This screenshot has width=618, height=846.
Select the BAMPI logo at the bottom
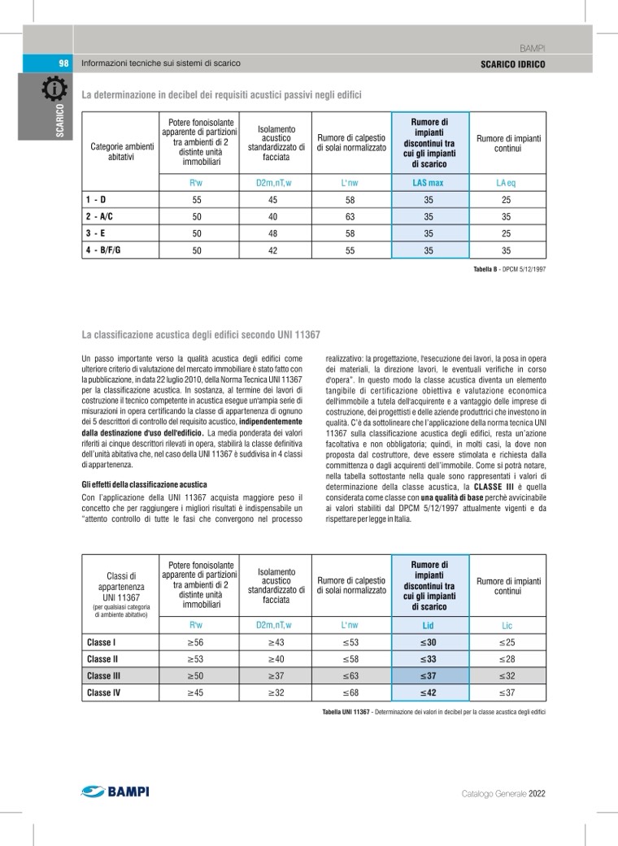[x=115, y=791]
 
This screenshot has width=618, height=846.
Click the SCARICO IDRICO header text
[x=512, y=63]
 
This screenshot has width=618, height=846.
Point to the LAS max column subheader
[x=429, y=183]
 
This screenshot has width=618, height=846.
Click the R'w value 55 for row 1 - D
[x=196, y=200]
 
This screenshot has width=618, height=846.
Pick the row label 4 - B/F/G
[x=104, y=250]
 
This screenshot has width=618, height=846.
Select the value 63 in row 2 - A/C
[x=350, y=217]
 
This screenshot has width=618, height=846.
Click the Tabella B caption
[x=508, y=269]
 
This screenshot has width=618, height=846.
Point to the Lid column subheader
[x=429, y=626]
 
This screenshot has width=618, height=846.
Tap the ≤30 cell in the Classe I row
[x=429, y=642]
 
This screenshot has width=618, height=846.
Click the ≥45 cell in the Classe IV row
[x=196, y=692]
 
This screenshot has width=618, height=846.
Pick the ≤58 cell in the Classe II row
[x=350, y=659]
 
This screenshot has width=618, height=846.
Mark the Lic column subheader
[x=507, y=626]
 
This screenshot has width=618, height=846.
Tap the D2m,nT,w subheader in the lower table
[x=273, y=626]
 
